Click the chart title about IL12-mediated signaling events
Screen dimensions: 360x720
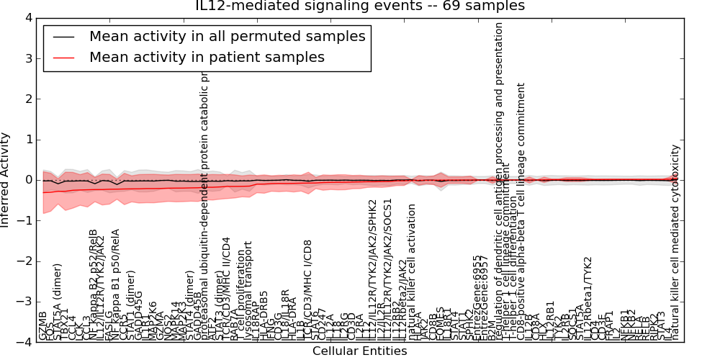coord(360,6)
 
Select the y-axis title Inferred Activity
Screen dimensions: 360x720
coord(6,180)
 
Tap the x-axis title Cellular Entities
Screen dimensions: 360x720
coord(360,351)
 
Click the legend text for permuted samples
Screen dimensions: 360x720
coord(227,36)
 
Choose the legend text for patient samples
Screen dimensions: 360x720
coord(207,57)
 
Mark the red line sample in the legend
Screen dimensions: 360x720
coord(63,58)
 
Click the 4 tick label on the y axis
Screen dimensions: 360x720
coord(28,17)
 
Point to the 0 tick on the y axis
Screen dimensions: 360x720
coord(28,180)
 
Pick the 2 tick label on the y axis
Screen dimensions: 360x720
coord(28,99)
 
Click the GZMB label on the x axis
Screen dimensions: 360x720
coord(43,326)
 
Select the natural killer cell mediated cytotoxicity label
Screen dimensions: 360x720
coord(675,243)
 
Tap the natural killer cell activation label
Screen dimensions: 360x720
coord(412,272)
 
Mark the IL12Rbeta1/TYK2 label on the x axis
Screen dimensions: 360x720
coord(588,298)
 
